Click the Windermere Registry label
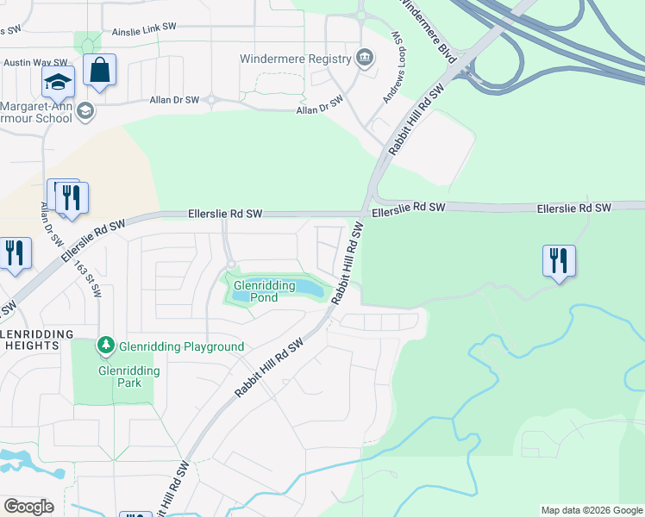(x=297, y=59)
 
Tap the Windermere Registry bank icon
(x=364, y=59)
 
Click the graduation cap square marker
(x=59, y=83)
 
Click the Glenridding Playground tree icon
(x=106, y=346)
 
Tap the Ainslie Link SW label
(x=145, y=32)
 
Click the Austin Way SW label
(x=35, y=63)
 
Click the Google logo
(x=28, y=506)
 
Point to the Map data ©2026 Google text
(x=591, y=510)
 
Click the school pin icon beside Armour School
(x=85, y=110)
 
